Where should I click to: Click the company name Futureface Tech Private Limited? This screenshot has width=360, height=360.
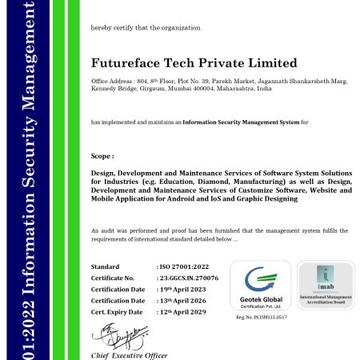(x=194, y=63)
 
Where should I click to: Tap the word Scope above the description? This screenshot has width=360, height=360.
(x=103, y=156)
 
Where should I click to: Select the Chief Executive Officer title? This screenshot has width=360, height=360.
(x=129, y=354)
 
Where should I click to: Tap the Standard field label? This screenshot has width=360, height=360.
(x=105, y=266)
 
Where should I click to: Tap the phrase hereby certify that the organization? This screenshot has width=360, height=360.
(x=146, y=28)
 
